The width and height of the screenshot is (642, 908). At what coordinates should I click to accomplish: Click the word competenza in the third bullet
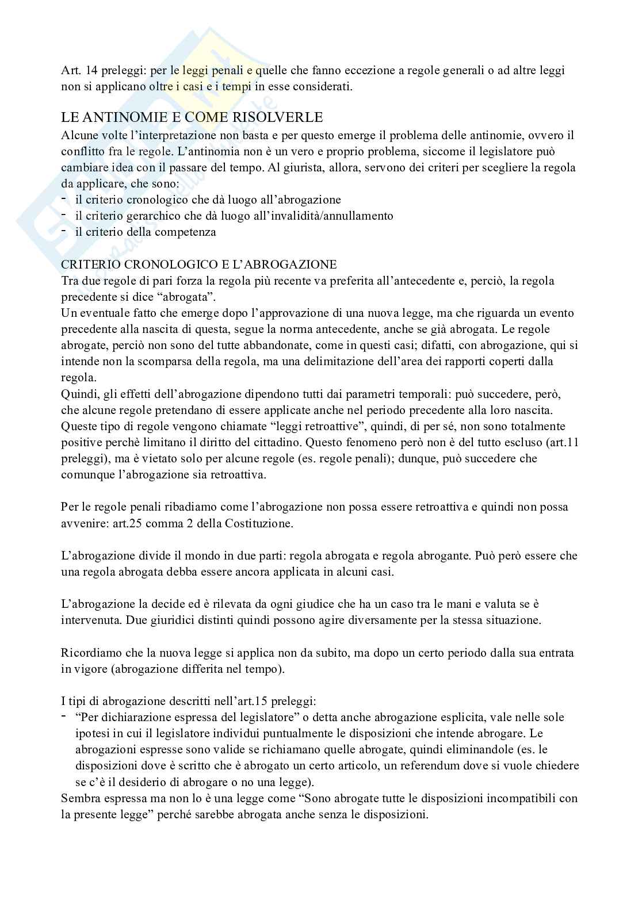pyautogui.click(x=188, y=232)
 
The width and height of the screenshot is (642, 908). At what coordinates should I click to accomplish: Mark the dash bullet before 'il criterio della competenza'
pyautogui.click(x=64, y=231)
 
